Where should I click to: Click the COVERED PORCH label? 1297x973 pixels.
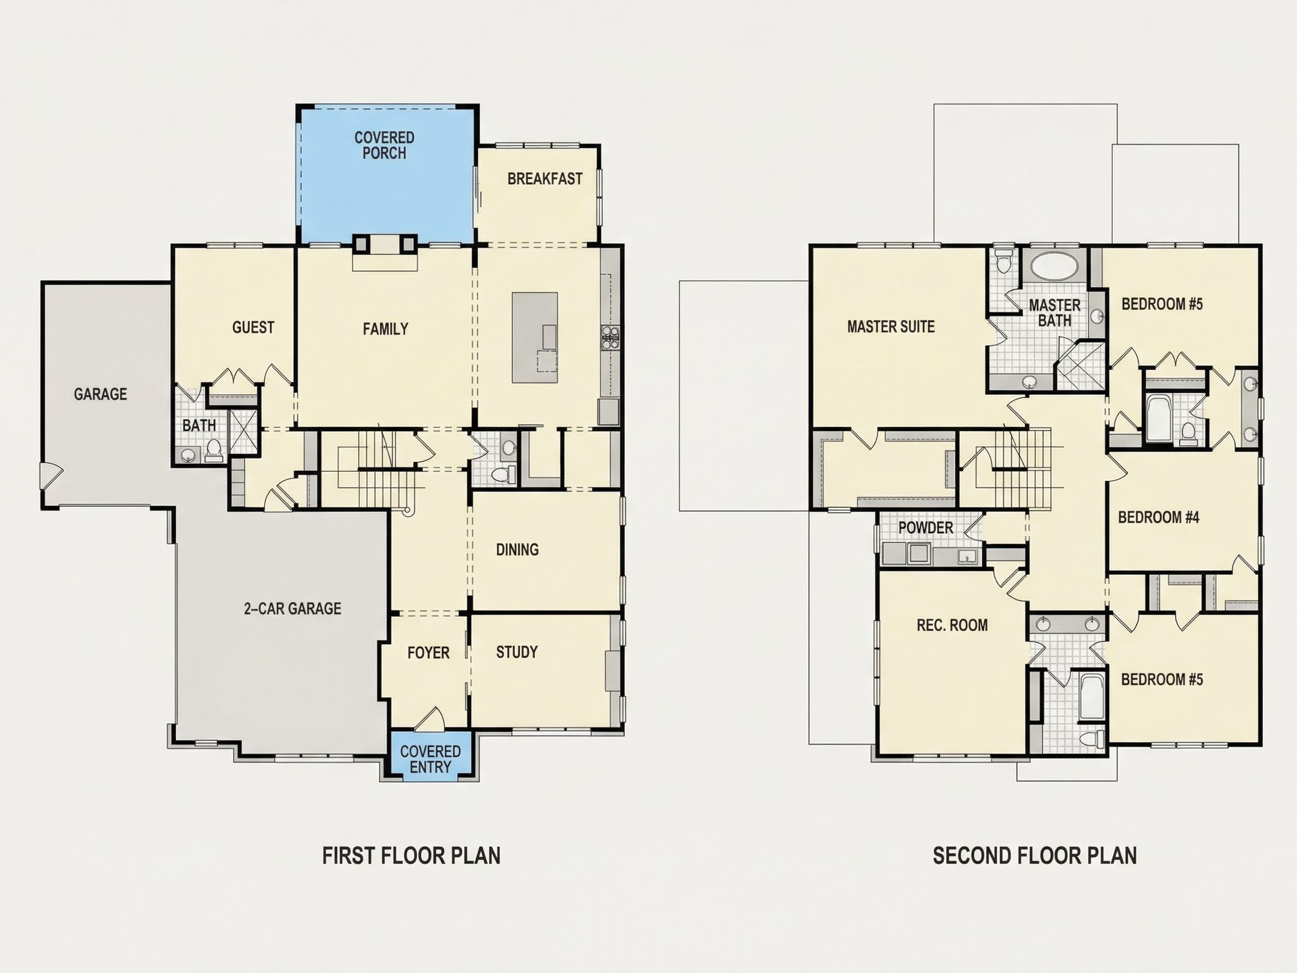tap(384, 145)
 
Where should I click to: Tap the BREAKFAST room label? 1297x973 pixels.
tap(545, 179)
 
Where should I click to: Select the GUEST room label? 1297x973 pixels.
tap(253, 327)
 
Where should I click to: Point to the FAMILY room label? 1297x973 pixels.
tap(385, 329)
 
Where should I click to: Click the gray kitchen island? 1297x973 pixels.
tap(535, 337)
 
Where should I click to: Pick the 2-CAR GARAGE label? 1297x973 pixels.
tap(293, 609)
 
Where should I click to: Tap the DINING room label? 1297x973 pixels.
tap(517, 550)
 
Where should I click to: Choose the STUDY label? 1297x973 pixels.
tap(517, 652)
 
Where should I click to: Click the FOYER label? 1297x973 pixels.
tap(428, 653)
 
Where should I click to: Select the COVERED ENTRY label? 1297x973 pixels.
tap(431, 760)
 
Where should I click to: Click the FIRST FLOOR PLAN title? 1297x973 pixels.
tap(412, 856)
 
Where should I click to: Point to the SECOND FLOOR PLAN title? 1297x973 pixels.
tap(1035, 856)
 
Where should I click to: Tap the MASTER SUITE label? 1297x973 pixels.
tap(891, 327)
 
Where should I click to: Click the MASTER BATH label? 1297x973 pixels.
tap(1055, 313)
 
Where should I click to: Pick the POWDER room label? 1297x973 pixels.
tap(926, 528)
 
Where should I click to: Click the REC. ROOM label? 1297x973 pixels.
tap(952, 625)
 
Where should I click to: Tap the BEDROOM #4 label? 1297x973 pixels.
tap(1159, 517)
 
